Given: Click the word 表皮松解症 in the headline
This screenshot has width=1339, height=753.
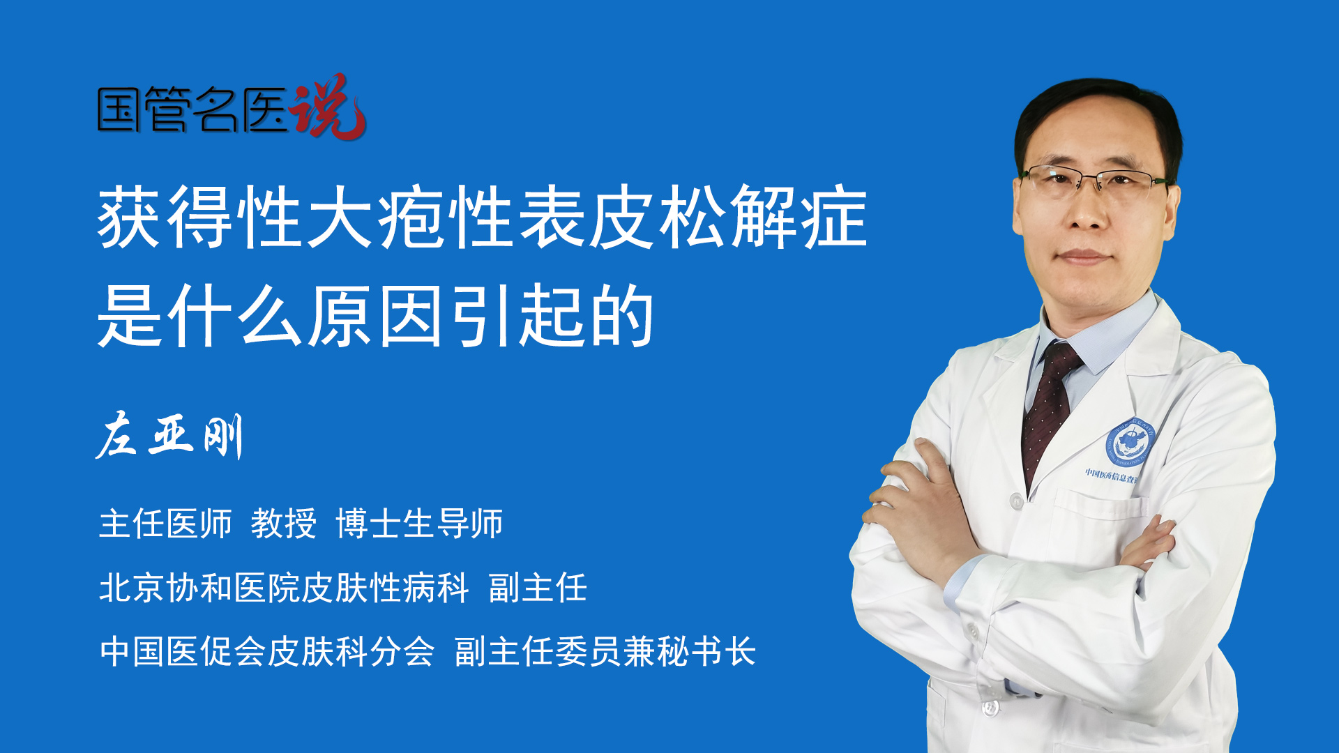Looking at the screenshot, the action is [x=693, y=217].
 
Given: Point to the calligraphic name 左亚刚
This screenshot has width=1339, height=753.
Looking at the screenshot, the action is [x=169, y=436].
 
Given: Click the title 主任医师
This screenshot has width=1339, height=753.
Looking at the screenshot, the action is [x=165, y=523].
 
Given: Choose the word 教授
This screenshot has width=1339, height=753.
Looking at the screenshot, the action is [x=284, y=523].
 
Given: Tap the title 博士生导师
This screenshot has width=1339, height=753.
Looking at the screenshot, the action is [x=419, y=523].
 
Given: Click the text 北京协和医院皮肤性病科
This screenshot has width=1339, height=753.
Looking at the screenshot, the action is [x=284, y=587].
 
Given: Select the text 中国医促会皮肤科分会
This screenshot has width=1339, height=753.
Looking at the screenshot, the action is [x=267, y=651].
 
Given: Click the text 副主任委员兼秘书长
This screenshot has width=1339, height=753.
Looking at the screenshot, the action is [x=605, y=651].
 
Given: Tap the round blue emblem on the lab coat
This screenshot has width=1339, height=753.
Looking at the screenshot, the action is [x=1130, y=443].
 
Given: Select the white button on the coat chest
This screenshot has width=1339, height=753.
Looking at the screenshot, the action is [x=1016, y=501].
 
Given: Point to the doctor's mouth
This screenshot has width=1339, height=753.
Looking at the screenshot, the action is [x=1083, y=256].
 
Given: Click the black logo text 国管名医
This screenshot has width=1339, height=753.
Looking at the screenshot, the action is [x=192, y=110].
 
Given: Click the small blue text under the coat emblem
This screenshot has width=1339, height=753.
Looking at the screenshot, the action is [x=1112, y=476].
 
